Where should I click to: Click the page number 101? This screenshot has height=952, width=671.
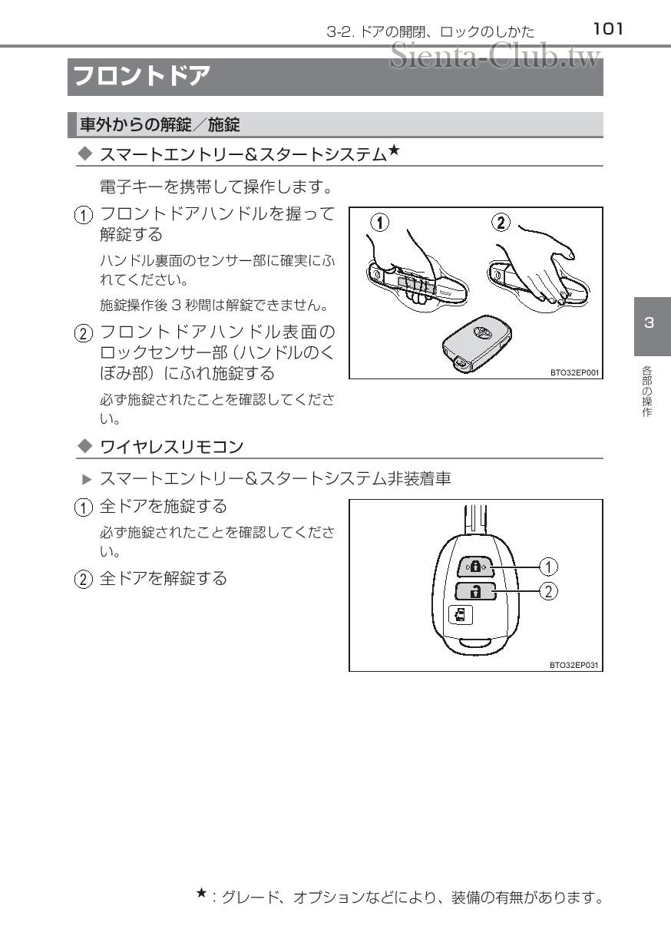coord(608,29)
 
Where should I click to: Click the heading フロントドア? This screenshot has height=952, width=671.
coord(141,77)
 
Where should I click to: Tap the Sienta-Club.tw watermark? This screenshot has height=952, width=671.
coord(494,56)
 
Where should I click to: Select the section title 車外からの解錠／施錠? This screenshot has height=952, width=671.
coord(160,124)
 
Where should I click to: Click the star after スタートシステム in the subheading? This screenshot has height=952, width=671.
coord(394,150)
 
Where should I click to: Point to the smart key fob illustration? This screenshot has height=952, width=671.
coord(475,342)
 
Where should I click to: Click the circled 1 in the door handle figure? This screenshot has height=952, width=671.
coord(379,223)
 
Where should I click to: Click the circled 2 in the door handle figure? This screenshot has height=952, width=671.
coord(501,223)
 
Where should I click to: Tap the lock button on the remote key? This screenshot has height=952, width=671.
coord(475,568)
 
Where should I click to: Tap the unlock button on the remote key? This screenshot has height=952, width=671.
coord(475,591)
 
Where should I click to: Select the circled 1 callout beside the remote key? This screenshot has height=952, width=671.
coord(549,567)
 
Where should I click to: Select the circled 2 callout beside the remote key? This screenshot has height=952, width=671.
coord(549,591)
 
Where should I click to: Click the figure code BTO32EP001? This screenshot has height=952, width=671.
coord(574,372)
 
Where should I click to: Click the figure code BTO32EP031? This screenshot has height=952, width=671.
coord(573,665)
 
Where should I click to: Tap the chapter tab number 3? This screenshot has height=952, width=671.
coord(650,322)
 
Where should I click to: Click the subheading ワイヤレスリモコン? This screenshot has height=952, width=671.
coord(172,447)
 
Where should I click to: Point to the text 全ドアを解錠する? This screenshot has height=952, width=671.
coord(164,578)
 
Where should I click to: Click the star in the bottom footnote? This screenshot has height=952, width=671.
coord(201,892)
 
